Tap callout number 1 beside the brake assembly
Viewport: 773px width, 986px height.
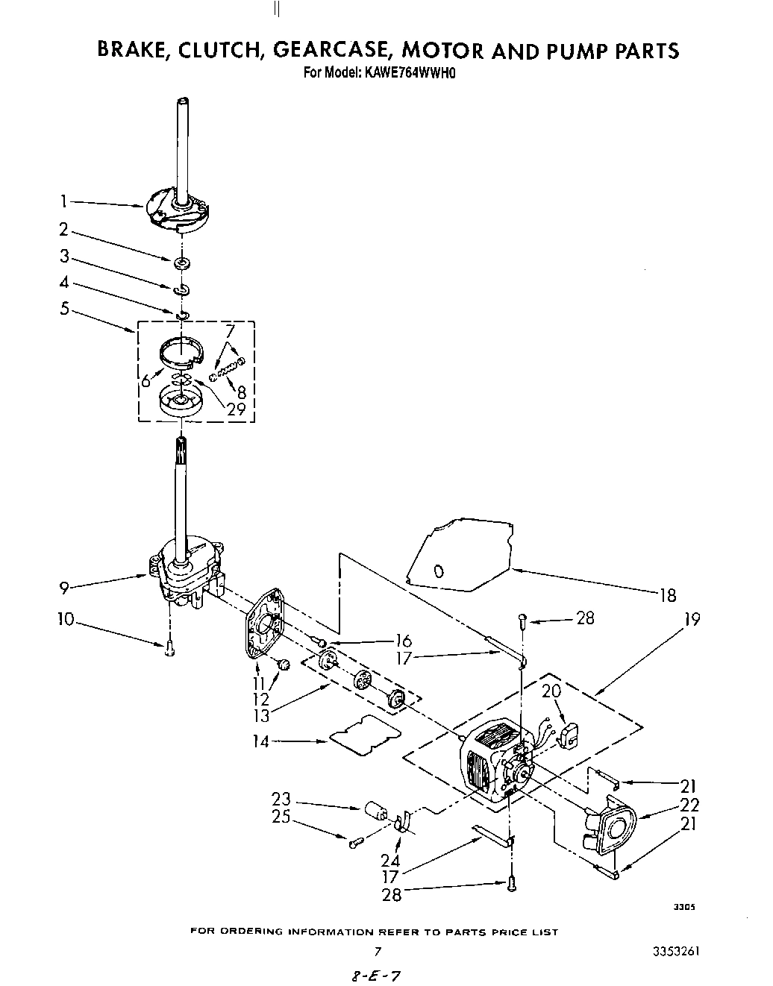tap(64, 201)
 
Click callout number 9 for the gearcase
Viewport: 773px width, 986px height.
tap(65, 588)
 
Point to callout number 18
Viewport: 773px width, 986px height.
tap(667, 594)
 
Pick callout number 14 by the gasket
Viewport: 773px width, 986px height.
tap(262, 741)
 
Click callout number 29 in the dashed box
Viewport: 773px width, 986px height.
tap(235, 408)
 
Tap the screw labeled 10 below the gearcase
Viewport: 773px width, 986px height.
tap(169, 650)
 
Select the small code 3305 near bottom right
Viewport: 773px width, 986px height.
tap(684, 907)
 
